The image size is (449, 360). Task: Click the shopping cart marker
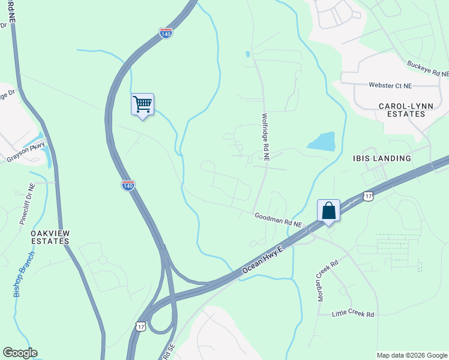(143, 104)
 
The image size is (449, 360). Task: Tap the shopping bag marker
(328, 211)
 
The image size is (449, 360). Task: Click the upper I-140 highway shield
(166, 33)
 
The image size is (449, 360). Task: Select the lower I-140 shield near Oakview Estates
(128, 185)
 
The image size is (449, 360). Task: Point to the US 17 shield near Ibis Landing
(369, 196)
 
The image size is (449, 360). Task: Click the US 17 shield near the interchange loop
(140, 325)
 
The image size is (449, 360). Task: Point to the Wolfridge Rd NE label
(265, 137)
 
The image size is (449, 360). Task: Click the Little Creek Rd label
(354, 314)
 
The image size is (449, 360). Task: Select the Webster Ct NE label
(391, 86)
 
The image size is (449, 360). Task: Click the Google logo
(20, 353)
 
